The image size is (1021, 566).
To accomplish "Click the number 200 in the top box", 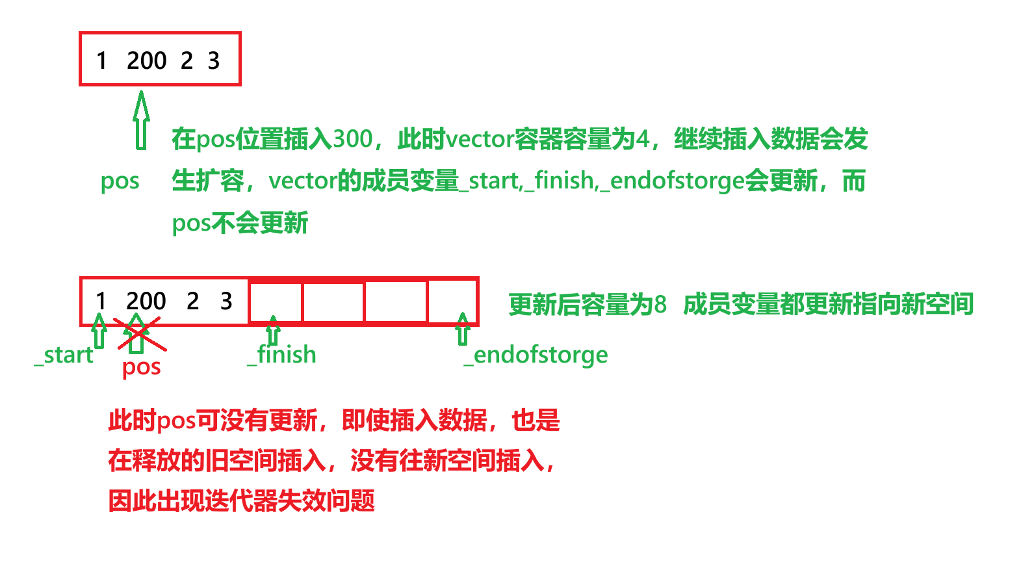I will point(147,60).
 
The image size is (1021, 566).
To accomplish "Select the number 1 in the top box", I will point(101,60).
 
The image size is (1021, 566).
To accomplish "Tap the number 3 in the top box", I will point(214,60).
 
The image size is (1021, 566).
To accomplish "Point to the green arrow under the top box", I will point(141,121).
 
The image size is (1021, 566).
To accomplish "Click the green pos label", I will point(120,181).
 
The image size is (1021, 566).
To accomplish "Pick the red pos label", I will point(141,368).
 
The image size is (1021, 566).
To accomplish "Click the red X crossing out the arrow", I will point(139,334).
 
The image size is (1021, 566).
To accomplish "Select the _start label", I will point(64,355).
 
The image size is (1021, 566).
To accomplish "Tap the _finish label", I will point(282,355).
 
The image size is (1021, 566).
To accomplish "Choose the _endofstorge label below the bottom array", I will point(536,355).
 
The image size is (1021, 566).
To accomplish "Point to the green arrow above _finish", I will point(273,331).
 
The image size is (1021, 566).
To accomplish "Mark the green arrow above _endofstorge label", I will point(463,329).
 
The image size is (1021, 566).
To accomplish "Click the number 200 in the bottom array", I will point(146,301).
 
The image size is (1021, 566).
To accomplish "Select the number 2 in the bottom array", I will point(192,301).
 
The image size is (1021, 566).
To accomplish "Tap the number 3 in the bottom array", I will point(226,301).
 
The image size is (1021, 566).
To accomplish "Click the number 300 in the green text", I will point(352,139).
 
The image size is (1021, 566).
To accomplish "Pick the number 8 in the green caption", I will point(660,304).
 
